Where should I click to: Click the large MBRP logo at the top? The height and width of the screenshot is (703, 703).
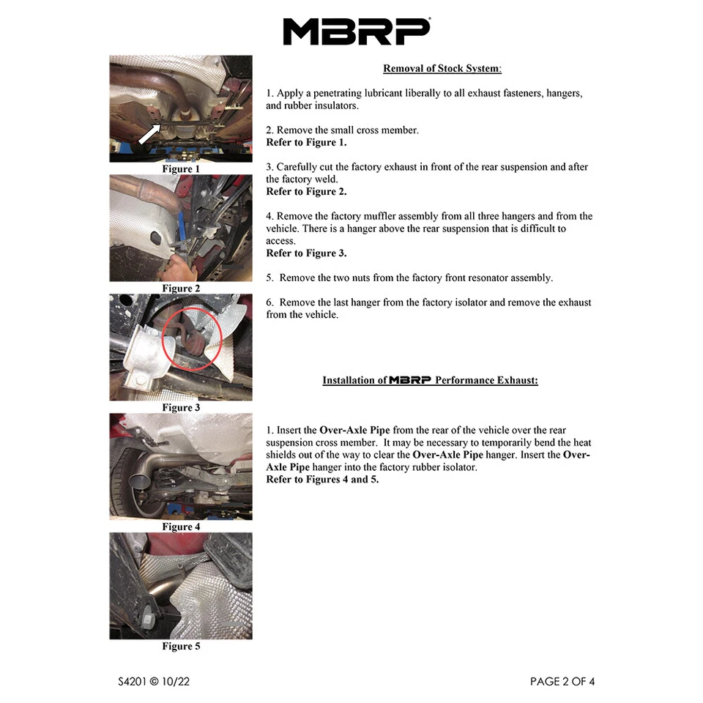(356, 31)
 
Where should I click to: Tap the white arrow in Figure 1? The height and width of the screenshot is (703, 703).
(150, 134)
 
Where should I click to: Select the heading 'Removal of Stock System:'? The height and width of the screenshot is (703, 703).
(442, 69)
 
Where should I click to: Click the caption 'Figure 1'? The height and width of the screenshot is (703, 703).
(181, 169)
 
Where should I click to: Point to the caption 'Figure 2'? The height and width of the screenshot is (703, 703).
(181, 289)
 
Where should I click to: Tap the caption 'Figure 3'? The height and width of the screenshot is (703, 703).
(181, 408)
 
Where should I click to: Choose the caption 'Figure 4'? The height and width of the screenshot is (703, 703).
(181, 527)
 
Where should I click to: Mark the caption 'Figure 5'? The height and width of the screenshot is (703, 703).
(181, 647)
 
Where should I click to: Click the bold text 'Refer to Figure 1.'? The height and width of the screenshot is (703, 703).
(306, 143)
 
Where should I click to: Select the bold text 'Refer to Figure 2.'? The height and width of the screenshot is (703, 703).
(306, 192)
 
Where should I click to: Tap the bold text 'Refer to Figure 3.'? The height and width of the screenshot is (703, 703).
(306, 253)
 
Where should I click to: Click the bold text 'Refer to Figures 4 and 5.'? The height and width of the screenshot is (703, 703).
(322, 480)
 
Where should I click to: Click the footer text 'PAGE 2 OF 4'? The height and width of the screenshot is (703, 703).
(562, 682)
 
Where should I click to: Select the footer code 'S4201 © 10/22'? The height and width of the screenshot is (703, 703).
(155, 682)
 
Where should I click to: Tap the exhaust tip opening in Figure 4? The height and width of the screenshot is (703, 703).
(137, 483)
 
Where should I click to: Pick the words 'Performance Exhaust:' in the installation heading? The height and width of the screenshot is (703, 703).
(486, 381)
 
